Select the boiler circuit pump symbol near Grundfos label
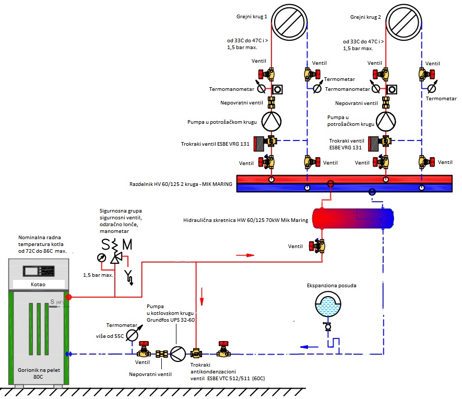[179, 354]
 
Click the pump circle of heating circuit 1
[271, 122]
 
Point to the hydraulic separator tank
[352, 218]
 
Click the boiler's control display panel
[39, 271]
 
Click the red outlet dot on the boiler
[68, 297]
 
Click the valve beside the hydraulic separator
[319, 245]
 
